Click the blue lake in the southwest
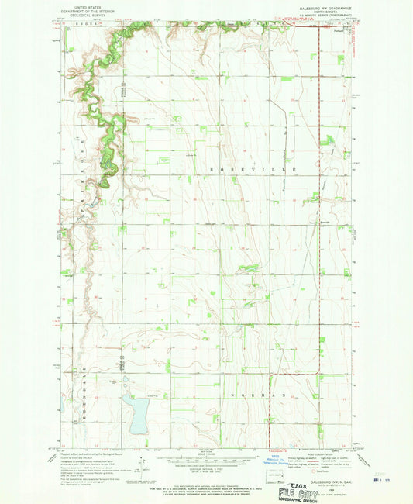(x=134, y=413)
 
